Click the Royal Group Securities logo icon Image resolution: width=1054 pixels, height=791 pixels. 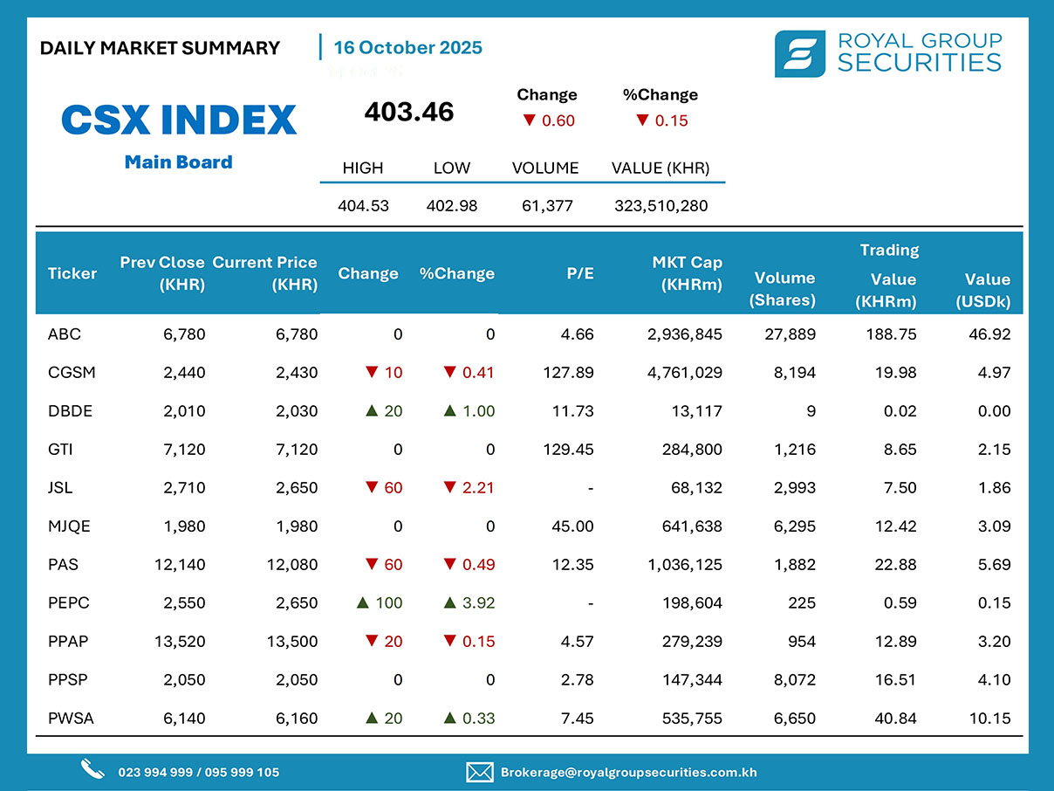[x=800, y=53]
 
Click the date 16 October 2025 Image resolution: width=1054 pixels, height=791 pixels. [x=407, y=47]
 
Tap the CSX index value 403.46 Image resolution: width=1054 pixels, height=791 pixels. [x=409, y=112]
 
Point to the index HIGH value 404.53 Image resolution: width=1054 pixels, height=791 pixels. [x=363, y=206]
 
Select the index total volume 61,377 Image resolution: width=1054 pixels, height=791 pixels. [x=545, y=206]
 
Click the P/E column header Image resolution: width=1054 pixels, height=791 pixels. [x=579, y=273]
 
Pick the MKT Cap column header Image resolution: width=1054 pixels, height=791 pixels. [x=688, y=273]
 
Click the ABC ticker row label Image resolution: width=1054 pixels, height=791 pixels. [x=65, y=334]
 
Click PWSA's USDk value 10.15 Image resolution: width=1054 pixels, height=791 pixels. [x=989, y=719]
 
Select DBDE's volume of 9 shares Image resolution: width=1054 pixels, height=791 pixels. [x=811, y=411]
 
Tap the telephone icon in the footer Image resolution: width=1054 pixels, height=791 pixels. [x=92, y=769]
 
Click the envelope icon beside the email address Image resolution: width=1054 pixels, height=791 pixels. [x=480, y=772]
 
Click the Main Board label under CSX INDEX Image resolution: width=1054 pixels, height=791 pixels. [x=178, y=162]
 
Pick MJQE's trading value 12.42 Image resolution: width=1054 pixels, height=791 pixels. [x=895, y=526]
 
